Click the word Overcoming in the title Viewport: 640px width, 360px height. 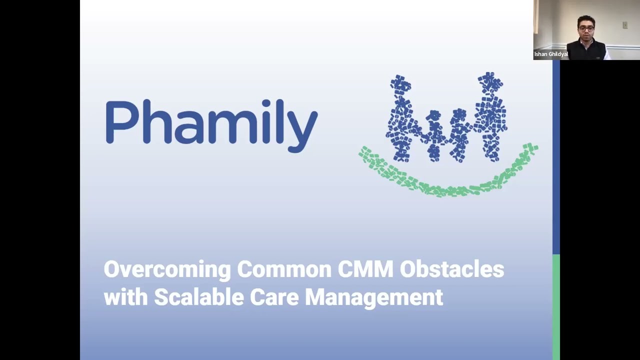click(167, 269)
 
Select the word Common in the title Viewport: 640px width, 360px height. click(284, 269)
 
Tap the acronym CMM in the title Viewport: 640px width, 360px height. click(365, 269)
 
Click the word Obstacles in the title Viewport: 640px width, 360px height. click(451, 269)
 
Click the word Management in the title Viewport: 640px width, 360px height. click(374, 297)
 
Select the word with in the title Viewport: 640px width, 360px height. click(126, 297)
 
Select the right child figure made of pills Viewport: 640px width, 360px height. click(458, 135)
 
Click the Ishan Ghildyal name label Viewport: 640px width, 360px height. click(550, 54)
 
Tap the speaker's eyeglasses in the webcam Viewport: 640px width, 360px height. click(586, 28)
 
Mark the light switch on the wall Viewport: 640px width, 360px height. click(624, 25)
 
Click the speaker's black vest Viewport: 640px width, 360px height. click(586, 50)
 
